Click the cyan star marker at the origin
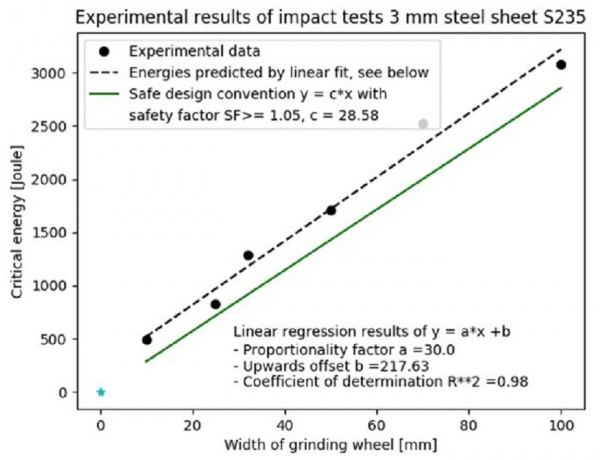(100, 392)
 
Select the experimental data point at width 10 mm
(147, 340)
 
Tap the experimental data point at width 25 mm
(215, 304)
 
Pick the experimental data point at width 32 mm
(248, 255)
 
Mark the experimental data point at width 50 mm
(331, 210)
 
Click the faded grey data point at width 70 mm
(423, 124)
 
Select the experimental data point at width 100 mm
(561, 65)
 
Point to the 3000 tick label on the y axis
(57, 74)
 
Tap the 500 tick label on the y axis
(61, 340)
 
